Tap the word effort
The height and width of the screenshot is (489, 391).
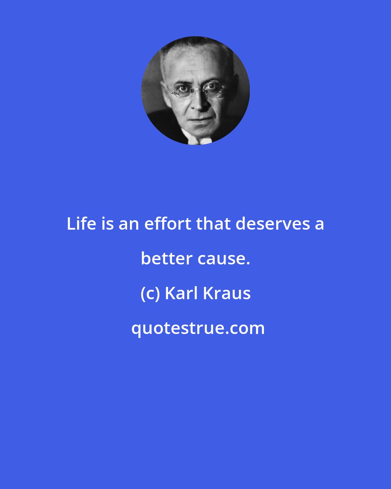coord(168,224)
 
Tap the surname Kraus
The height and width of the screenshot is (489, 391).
coord(227,293)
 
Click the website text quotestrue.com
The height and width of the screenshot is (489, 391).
coord(198,328)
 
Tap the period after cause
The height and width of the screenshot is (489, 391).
coord(248,263)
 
